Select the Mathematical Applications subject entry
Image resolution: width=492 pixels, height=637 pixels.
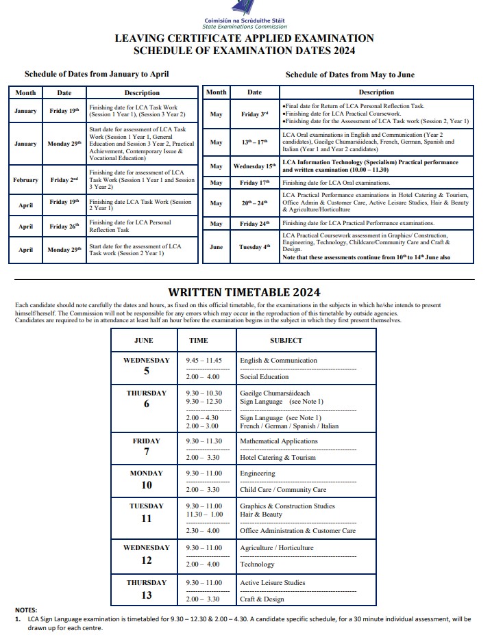(x=278, y=441)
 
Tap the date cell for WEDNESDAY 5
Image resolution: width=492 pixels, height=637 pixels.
(x=146, y=366)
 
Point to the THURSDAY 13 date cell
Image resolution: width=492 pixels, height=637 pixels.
(x=146, y=589)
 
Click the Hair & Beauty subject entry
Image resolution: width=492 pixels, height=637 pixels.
(x=261, y=515)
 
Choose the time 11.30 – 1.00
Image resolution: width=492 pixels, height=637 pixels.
(x=204, y=515)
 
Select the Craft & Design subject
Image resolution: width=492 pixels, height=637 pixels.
(x=262, y=599)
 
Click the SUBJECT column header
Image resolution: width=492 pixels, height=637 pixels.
(x=286, y=340)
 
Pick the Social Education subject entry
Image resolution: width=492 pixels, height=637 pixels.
(x=264, y=377)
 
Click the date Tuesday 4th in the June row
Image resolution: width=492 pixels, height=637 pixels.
(x=254, y=247)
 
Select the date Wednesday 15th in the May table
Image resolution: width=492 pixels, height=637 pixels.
(x=254, y=166)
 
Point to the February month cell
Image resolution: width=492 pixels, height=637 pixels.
(x=25, y=180)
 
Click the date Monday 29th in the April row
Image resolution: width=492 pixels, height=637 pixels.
(x=64, y=250)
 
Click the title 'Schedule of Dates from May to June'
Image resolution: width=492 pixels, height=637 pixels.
(x=349, y=75)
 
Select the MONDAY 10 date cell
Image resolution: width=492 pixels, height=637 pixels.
(x=146, y=479)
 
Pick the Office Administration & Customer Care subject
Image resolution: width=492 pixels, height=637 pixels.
(x=297, y=531)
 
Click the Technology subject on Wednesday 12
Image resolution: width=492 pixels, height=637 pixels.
(x=257, y=564)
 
